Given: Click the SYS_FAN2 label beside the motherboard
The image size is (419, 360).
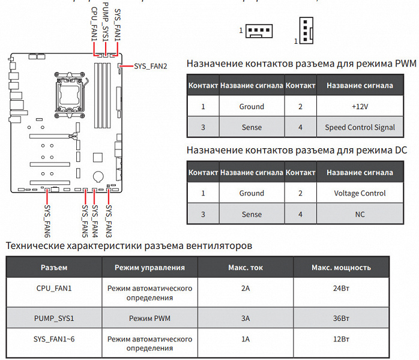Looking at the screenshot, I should point(151,65).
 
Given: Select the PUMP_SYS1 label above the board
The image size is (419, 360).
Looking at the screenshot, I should point(105,22).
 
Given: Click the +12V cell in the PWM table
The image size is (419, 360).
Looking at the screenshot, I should point(360,106).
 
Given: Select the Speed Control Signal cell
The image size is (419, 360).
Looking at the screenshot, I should point(360,127).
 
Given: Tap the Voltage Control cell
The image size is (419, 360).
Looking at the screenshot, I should point(360,193).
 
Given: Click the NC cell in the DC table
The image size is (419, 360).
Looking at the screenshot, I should point(360,214).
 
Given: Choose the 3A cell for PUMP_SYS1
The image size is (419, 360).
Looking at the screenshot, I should point(245,318).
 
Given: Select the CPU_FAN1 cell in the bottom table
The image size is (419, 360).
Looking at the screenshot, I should point(54,288).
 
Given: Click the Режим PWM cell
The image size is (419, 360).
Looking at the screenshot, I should point(149,318).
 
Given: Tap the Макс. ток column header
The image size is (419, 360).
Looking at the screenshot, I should point(245,267).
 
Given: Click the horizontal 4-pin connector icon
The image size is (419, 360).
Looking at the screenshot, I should point(259,30).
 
